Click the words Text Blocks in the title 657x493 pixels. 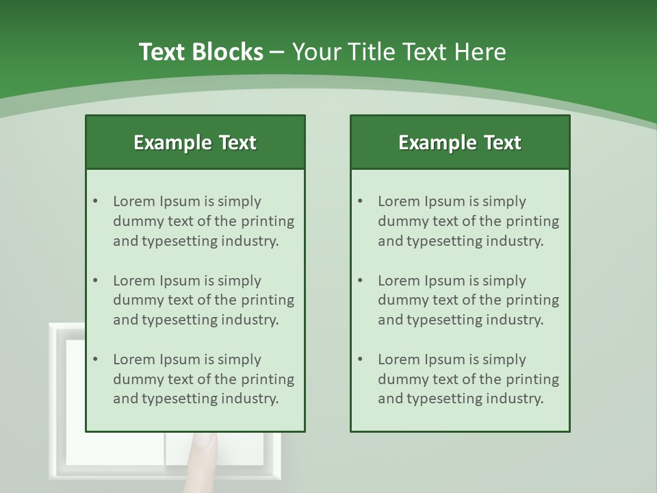tap(201, 52)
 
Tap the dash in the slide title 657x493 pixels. tap(277, 53)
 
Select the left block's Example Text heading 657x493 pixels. tap(195, 142)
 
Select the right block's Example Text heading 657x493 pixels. tap(460, 142)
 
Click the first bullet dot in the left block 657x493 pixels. tap(95, 201)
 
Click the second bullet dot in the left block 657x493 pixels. tap(95, 281)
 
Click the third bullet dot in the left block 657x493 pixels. tap(95, 359)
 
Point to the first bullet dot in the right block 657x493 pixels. tap(360, 201)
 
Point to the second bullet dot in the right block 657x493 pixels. tap(360, 281)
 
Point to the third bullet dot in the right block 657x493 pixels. tap(360, 359)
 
